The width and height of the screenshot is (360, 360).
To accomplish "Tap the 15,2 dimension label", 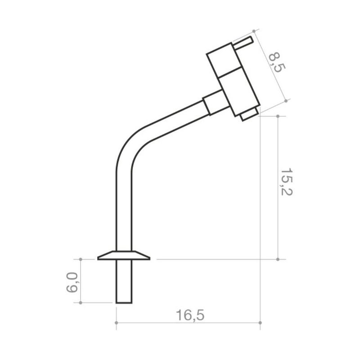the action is tap(287, 182).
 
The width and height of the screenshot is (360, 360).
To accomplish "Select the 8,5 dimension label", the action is tap(277, 63).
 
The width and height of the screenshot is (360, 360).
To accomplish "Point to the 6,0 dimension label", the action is tap(72, 282).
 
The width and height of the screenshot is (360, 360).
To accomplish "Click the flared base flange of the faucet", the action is tap(124, 255).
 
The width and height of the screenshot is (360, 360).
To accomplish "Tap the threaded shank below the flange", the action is tap(124, 282).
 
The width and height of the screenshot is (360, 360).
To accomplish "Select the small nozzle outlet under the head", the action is tap(249, 114).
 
